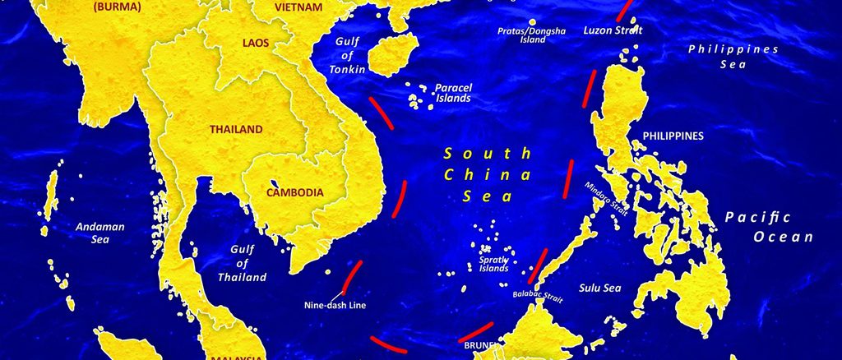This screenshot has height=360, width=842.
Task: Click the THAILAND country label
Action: click(236, 129)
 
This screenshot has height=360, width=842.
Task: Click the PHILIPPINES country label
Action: click(673, 136)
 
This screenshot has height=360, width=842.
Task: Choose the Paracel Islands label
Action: click(452, 92)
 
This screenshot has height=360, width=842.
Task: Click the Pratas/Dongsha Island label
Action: click(532, 35)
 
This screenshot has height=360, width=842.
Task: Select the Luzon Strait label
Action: click(613, 30)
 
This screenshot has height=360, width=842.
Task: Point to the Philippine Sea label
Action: click(733, 56)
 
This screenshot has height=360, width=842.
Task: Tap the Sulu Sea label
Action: click(599, 288)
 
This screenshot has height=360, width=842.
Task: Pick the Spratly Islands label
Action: click(494, 264)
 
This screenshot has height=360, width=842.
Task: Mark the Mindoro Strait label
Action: click(607, 197)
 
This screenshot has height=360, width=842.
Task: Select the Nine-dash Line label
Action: click(335, 305)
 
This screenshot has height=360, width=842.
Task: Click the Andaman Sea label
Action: click(99, 233)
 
